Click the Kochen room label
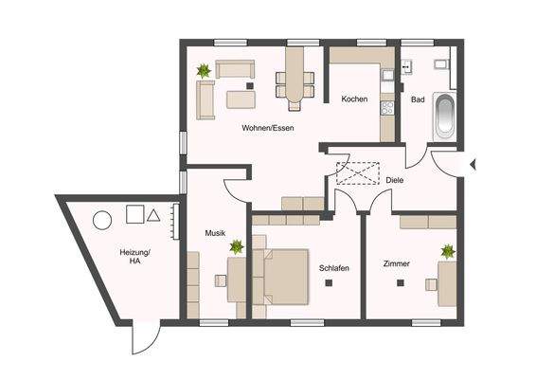click(354, 99)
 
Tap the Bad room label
click(418, 99)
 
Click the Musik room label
click(215, 232)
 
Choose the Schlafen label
click(334, 268)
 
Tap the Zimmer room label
click(397, 263)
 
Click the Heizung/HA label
click(134, 258)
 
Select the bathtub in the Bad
click(445, 115)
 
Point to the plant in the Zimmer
click(447, 252)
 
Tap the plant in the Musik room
click(237, 247)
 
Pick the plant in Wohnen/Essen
click(204, 70)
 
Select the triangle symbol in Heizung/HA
click(153, 215)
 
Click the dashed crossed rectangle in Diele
click(356, 175)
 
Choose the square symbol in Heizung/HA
click(134, 215)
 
